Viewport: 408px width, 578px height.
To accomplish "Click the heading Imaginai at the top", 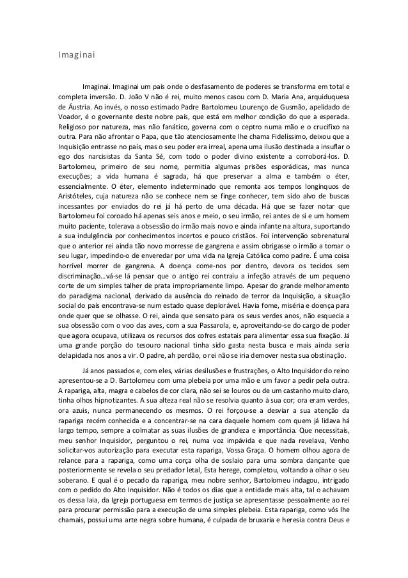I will click(74, 56).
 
